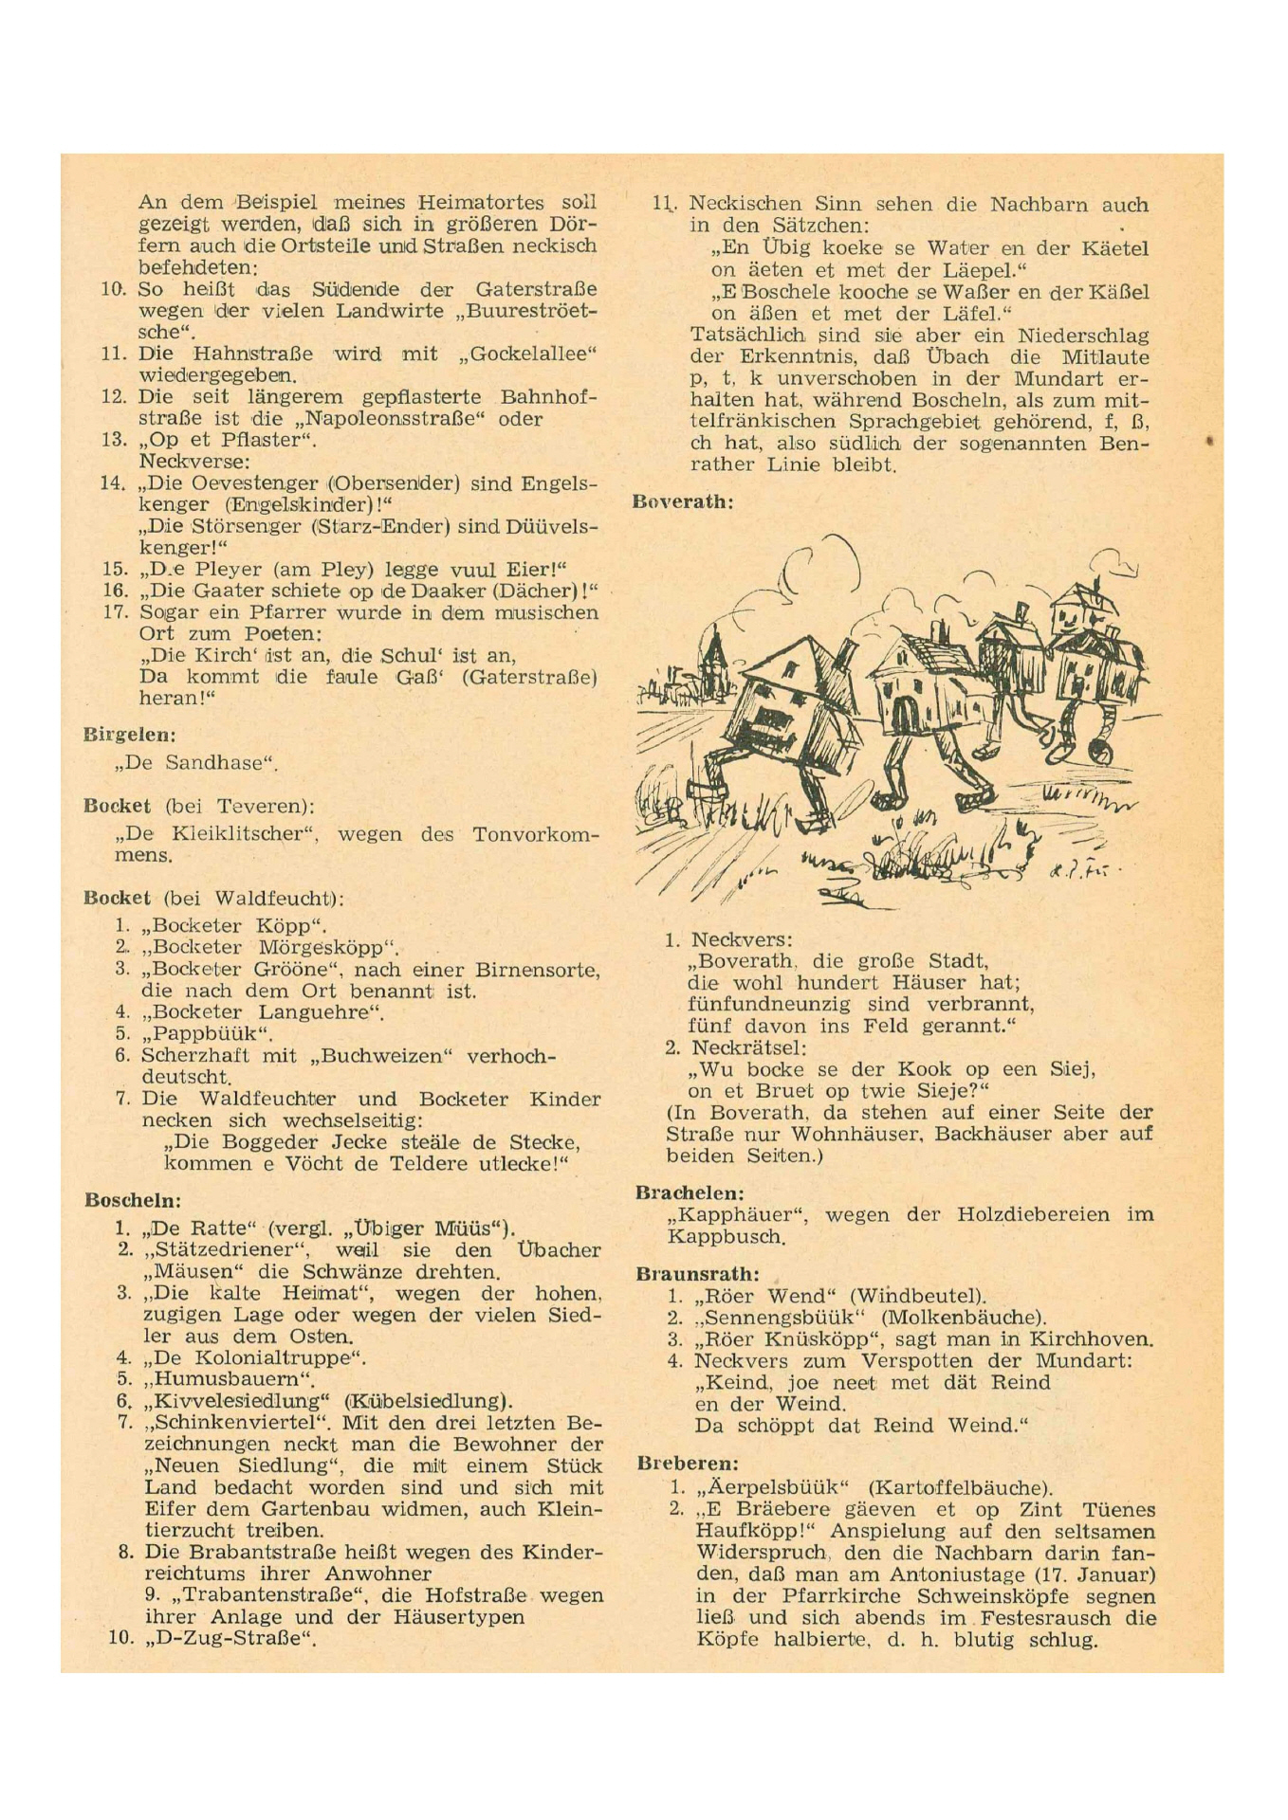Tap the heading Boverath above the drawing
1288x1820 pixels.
tap(682, 501)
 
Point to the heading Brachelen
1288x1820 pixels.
tap(690, 1193)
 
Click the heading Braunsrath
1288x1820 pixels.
tap(697, 1274)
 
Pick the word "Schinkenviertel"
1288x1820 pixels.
tap(238, 1423)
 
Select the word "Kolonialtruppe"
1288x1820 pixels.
tap(258, 1358)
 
